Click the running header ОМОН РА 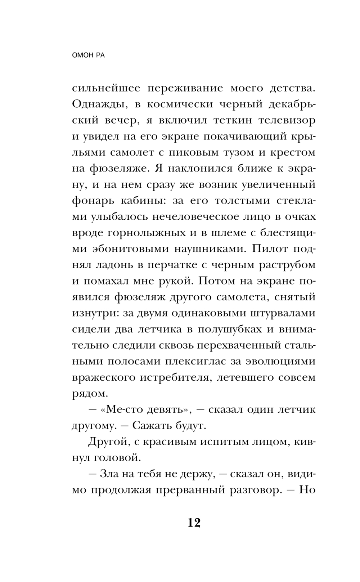tap(88, 56)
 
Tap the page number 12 tap(194, 523)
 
